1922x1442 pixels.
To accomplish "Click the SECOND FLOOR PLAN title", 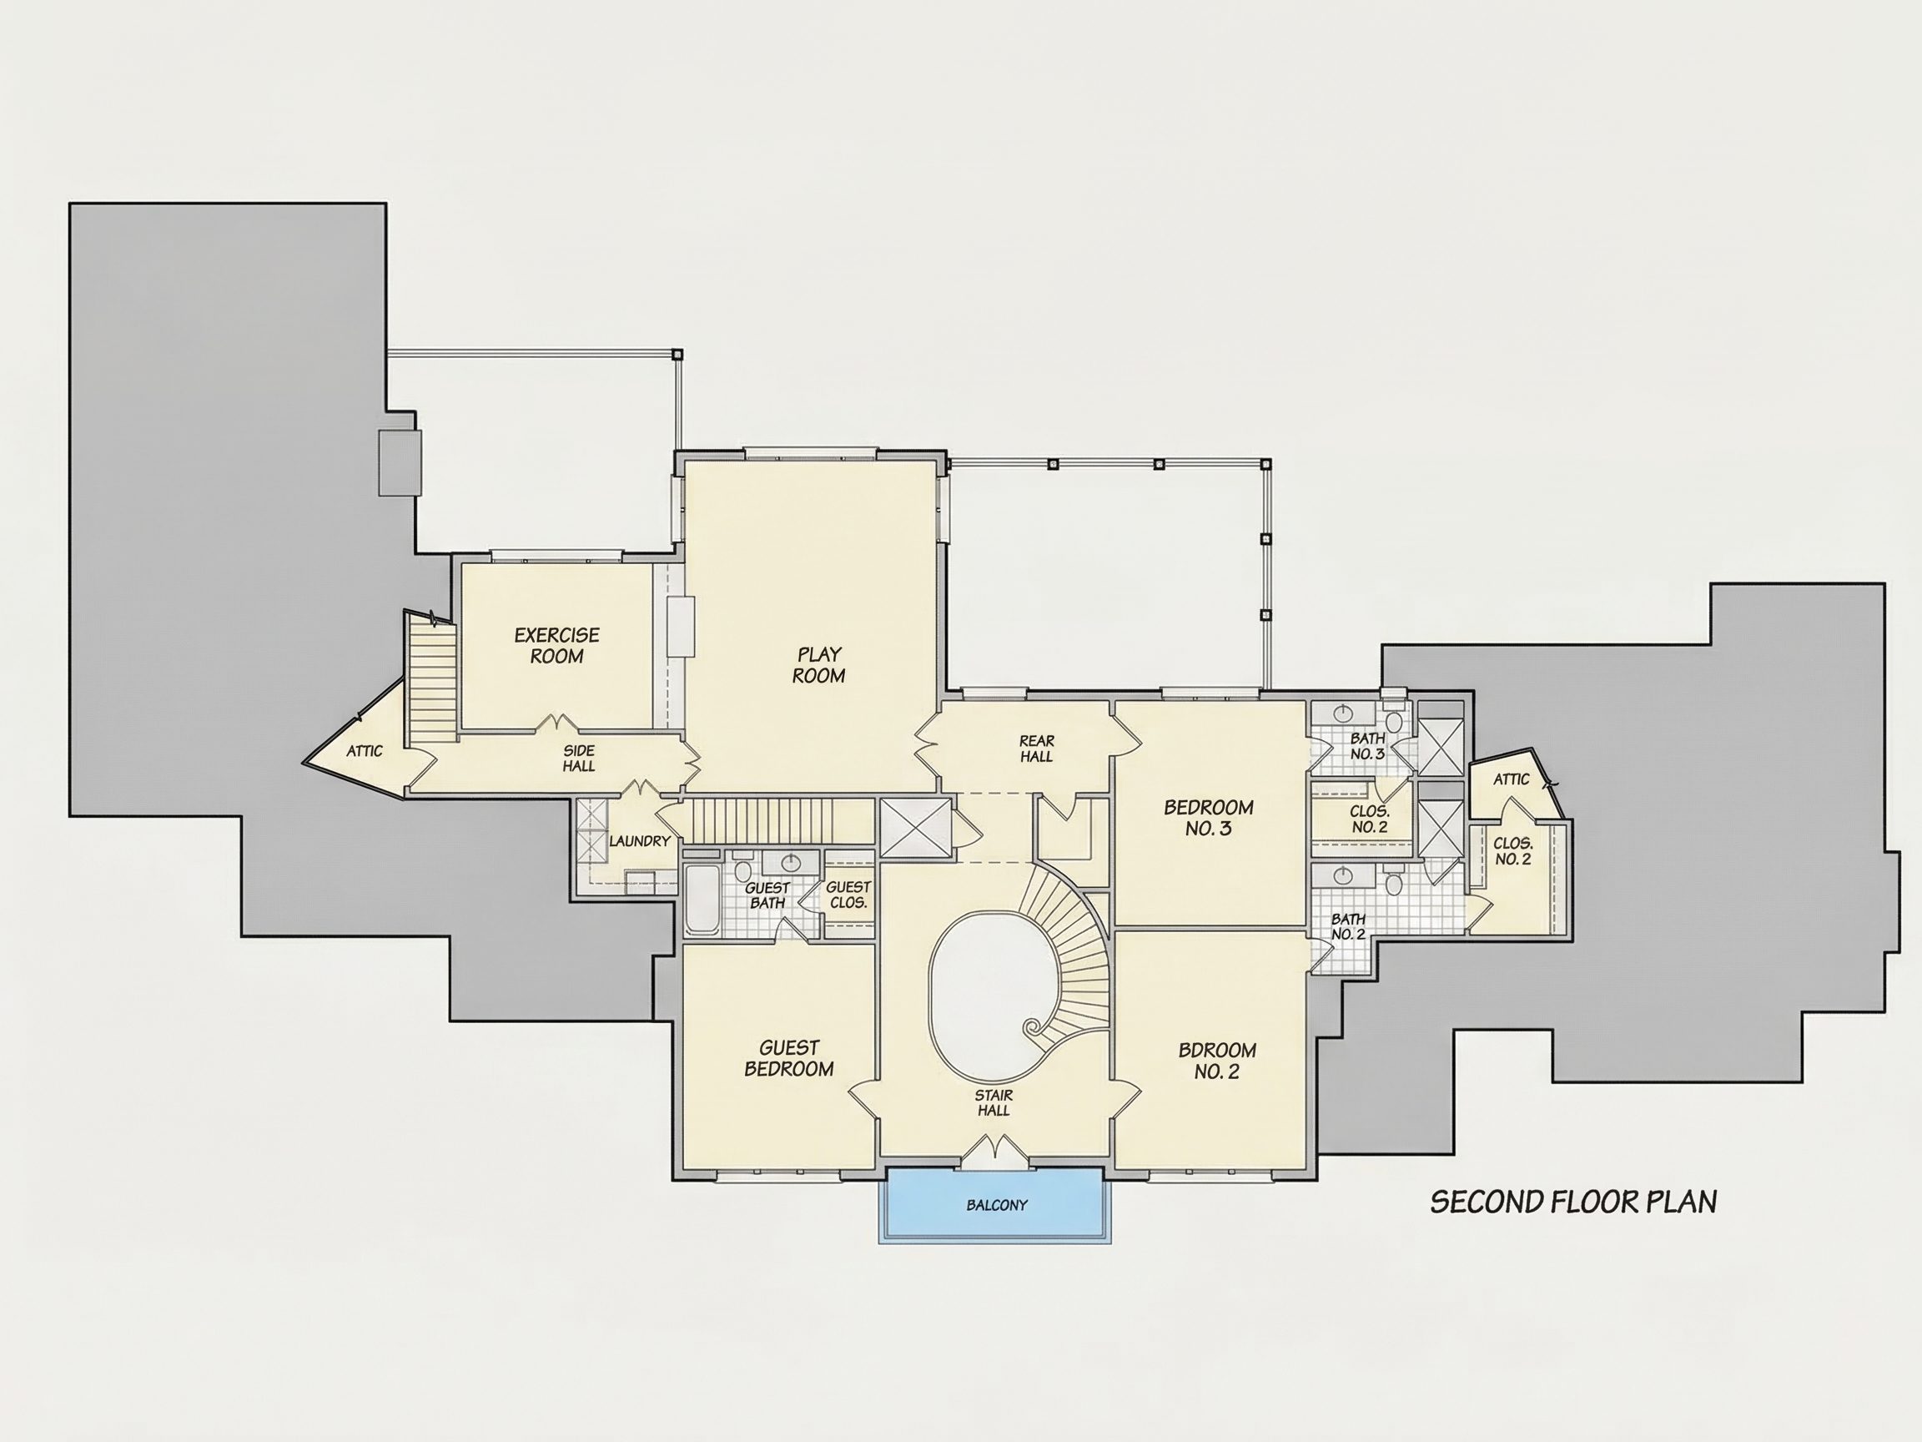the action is [x=1573, y=1203].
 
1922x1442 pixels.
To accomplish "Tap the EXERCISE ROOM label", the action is [x=557, y=646].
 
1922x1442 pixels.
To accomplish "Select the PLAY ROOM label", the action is [x=818, y=665].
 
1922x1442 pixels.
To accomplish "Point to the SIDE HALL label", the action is [x=579, y=758].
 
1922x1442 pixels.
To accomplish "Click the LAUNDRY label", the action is [x=640, y=841].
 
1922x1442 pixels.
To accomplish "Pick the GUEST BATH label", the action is [x=768, y=895].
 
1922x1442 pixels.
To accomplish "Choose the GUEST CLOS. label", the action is [x=848, y=895].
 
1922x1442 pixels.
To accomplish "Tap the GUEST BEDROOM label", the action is [x=789, y=1059].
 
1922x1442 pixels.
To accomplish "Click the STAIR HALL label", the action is [x=994, y=1103].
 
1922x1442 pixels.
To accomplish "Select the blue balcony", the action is [x=996, y=1206].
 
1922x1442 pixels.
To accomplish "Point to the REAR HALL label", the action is [x=1037, y=749].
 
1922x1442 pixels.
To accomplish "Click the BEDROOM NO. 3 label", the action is [x=1209, y=818].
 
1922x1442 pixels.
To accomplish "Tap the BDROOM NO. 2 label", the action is [x=1216, y=1061].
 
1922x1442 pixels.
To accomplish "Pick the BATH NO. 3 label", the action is [x=1367, y=747].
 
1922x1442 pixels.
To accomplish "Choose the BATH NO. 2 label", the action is [x=1348, y=926].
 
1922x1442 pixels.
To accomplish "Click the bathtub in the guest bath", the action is [x=702, y=900].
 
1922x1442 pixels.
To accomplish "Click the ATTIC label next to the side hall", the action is [x=364, y=751].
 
